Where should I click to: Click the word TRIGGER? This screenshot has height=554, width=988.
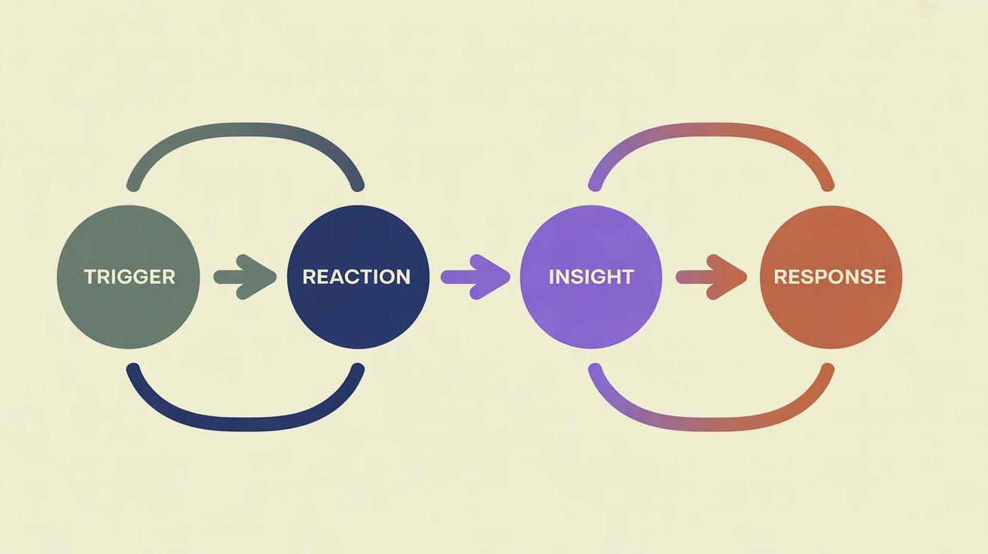pyautogui.click(x=129, y=277)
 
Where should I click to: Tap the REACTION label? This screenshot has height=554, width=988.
pyautogui.click(x=356, y=277)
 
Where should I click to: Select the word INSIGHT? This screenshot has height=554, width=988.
pyautogui.click(x=590, y=277)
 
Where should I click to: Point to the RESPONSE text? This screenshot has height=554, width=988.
pyautogui.click(x=829, y=277)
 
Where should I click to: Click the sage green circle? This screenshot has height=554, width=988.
pyautogui.click(x=129, y=309)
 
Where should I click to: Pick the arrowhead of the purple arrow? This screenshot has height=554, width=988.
pyautogui.click(x=493, y=277)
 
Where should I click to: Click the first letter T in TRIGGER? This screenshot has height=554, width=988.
pyautogui.click(x=89, y=277)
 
